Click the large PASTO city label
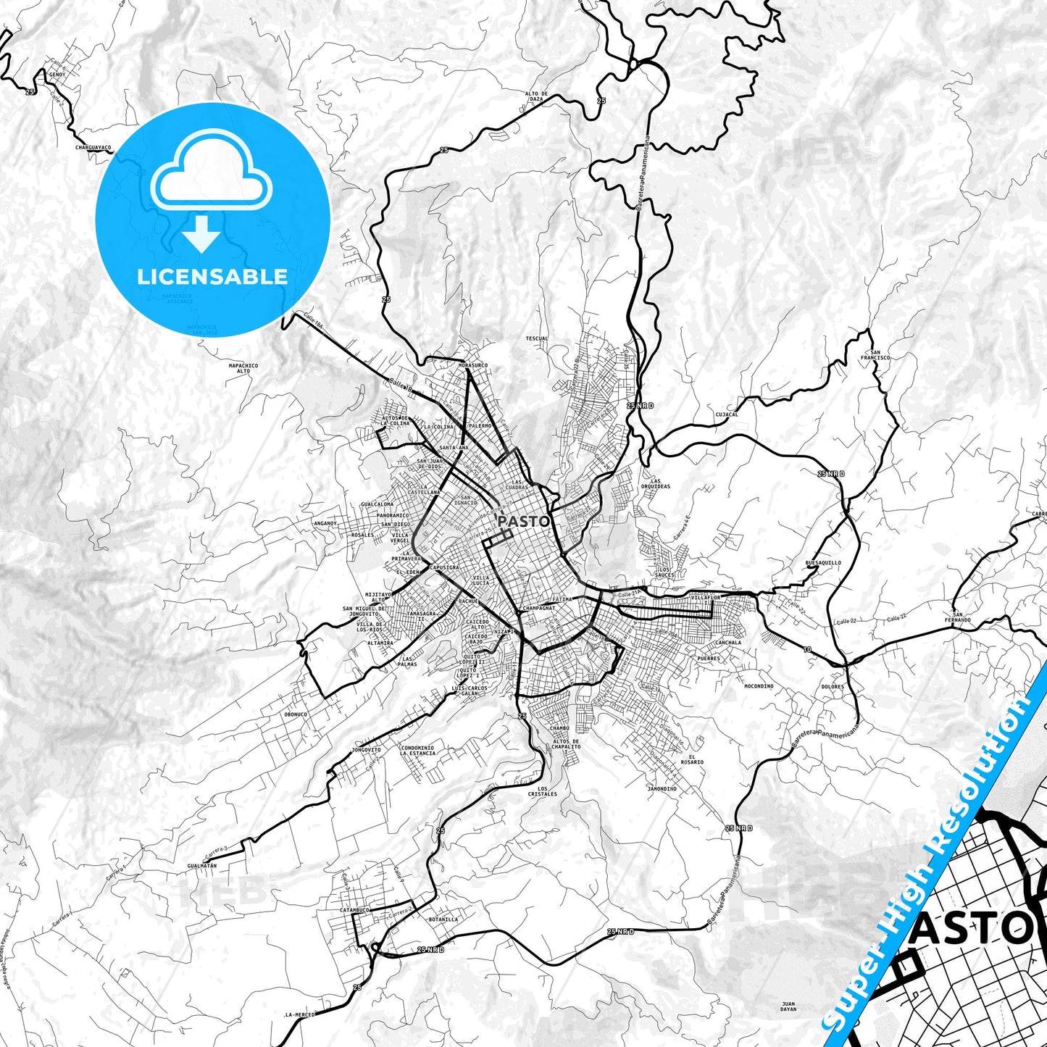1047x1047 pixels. (524, 521)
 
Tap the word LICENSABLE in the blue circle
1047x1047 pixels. (212, 276)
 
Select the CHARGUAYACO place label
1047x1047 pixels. (93, 147)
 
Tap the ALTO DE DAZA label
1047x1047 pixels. (536, 96)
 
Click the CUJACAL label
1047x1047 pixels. (726, 414)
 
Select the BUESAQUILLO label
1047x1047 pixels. (823, 562)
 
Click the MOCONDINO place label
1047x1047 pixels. (759, 685)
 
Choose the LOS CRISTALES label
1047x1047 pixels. (543, 791)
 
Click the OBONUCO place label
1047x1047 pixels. (296, 714)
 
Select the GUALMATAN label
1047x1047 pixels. (201, 866)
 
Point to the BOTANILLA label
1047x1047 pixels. (443, 919)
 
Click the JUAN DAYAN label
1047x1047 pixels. (788, 1006)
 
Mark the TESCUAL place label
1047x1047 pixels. (537, 338)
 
